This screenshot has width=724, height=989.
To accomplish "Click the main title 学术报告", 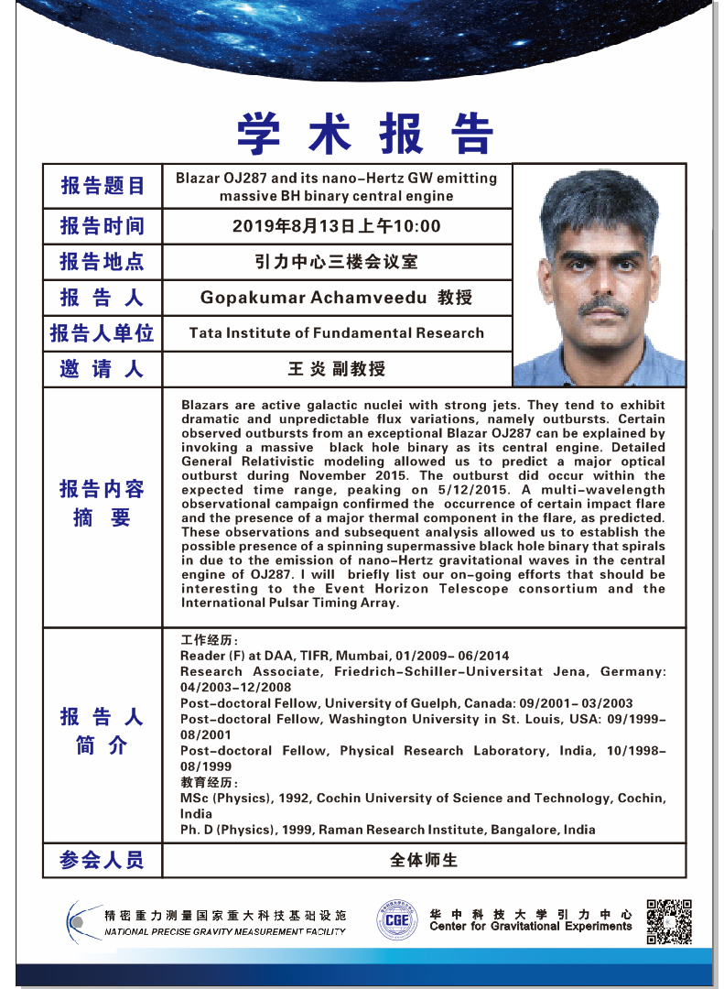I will (x=364, y=134).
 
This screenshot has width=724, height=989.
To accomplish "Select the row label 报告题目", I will (x=103, y=186).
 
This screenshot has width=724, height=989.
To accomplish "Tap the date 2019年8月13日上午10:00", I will (x=336, y=226).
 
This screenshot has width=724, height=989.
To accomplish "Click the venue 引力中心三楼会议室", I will (x=336, y=262).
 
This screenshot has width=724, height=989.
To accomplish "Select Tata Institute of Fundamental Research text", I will (x=336, y=332).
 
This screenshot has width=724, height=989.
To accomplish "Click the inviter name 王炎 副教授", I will (x=336, y=369).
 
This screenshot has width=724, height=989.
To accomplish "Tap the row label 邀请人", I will (x=103, y=369).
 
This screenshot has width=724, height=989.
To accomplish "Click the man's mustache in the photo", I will (x=602, y=304).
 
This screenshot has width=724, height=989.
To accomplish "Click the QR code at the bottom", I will (x=668, y=921).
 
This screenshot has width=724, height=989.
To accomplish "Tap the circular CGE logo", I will (x=396, y=919).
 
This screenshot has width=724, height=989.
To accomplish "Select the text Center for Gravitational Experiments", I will (x=531, y=927).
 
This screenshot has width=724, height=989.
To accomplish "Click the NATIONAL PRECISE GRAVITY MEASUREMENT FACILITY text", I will (x=225, y=931).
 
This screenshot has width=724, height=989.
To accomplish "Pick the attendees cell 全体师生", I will (x=423, y=861).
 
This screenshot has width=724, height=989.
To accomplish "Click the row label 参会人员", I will (x=103, y=861).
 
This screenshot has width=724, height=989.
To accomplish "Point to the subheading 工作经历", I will (x=210, y=640).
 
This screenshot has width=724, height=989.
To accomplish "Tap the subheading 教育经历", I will (x=210, y=783).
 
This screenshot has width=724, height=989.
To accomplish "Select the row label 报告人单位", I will (x=103, y=333).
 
